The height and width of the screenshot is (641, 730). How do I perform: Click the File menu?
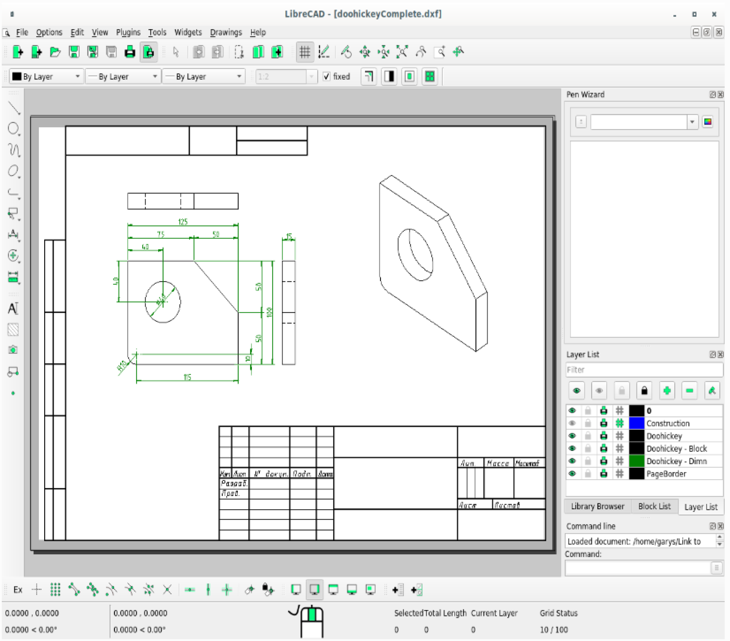click(x=22, y=32)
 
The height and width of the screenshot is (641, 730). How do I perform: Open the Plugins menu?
click(x=128, y=32)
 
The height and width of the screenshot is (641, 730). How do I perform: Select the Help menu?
click(x=257, y=32)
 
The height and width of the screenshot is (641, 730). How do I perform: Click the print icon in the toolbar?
click(x=130, y=52)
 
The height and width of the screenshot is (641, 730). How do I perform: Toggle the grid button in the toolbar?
click(x=305, y=52)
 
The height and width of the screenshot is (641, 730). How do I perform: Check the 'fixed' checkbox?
click(x=327, y=76)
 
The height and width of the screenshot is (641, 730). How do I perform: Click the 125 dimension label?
click(x=182, y=222)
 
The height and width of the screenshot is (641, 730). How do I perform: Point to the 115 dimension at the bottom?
click(x=187, y=377)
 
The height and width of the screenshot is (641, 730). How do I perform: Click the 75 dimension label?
click(x=161, y=234)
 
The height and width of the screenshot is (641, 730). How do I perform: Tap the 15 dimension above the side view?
click(x=289, y=236)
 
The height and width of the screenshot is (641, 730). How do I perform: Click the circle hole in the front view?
click(x=163, y=302)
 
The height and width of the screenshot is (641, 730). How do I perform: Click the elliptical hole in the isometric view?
click(x=415, y=255)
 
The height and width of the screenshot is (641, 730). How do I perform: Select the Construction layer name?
click(x=668, y=424)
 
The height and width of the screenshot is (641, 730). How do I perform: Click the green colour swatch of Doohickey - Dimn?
click(x=636, y=461)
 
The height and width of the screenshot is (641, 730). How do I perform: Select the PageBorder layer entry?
click(x=666, y=474)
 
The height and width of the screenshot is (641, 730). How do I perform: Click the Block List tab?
click(x=654, y=506)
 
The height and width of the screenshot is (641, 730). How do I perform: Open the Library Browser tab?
click(x=597, y=506)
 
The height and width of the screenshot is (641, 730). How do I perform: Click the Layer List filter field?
click(x=644, y=370)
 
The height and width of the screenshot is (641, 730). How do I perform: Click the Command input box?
click(x=637, y=568)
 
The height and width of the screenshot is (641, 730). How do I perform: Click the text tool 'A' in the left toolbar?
click(x=13, y=308)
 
